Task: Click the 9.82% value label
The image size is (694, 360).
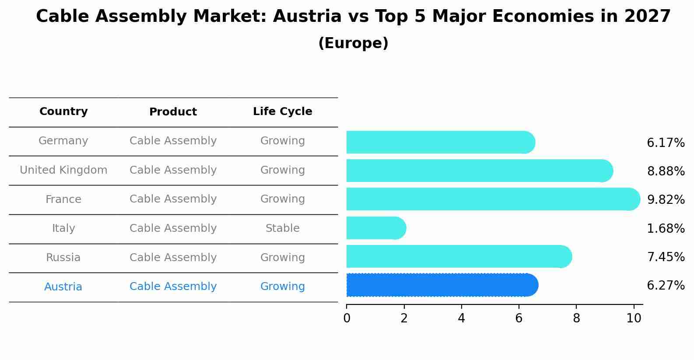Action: [666, 200]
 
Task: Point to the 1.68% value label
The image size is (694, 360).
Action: [666, 228]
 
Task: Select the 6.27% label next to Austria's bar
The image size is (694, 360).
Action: [666, 286]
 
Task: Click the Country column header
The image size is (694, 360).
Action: [63, 112]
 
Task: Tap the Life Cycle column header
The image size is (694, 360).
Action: [282, 112]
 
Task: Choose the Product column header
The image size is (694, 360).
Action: [173, 112]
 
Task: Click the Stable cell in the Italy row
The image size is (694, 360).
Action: [282, 228]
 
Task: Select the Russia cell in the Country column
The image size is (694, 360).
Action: [63, 258]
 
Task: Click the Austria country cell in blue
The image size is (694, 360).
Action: [63, 287]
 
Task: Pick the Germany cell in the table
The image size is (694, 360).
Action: [63, 141]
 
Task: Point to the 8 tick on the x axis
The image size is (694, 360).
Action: [576, 318]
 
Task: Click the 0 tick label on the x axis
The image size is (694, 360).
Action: [347, 318]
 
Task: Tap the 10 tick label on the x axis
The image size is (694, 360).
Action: [634, 318]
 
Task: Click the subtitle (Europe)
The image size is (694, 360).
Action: [353, 43]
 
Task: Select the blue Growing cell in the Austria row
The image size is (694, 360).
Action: [282, 287]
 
